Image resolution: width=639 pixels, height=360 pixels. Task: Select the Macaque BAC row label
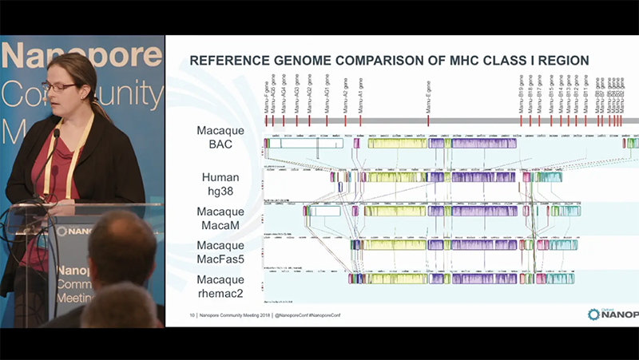[x=220, y=136]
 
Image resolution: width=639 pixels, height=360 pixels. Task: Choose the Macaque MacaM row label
[x=220, y=217]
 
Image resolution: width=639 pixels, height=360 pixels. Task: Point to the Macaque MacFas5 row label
[x=220, y=251]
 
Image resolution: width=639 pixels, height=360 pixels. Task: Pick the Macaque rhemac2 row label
[x=220, y=286]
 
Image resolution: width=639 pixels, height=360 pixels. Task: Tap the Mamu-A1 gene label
[x=360, y=94]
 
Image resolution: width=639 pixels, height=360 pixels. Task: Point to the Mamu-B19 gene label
[x=522, y=93]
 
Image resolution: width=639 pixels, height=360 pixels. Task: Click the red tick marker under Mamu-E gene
[x=429, y=120]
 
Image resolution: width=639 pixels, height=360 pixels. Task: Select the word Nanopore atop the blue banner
[x=80, y=57]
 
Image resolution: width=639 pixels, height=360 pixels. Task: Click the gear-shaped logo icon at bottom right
[x=593, y=315]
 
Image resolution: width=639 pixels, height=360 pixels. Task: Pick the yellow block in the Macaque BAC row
[x=396, y=144]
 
